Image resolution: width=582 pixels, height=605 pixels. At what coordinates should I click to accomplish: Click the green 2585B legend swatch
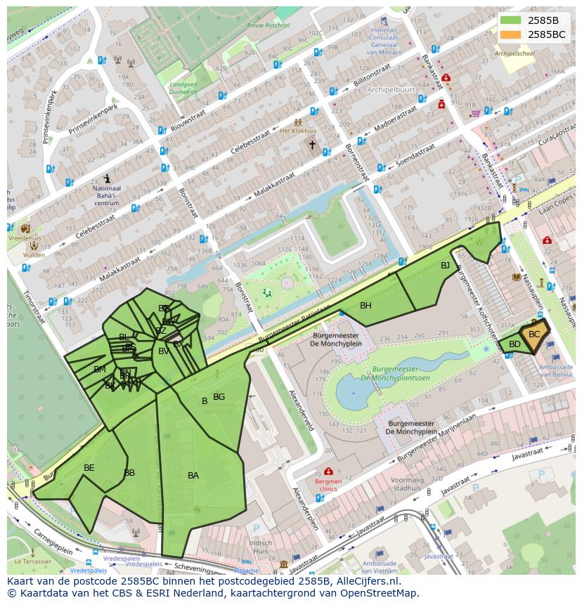tap(511, 20)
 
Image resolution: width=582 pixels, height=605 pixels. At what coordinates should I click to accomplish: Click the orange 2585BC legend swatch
tap(511, 34)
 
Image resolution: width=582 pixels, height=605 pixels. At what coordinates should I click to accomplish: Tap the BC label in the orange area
tap(534, 334)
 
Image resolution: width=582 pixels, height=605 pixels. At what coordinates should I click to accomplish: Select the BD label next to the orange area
tap(515, 344)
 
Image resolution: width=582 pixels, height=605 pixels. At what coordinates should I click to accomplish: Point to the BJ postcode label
tap(445, 266)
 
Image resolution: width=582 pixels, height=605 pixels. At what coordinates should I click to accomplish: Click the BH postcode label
tap(366, 306)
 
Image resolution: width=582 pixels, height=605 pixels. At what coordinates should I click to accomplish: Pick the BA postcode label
tap(193, 476)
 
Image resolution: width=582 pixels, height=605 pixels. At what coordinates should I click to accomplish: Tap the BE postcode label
tap(89, 468)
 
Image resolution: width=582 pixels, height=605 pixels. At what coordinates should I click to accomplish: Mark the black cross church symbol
tap(312, 145)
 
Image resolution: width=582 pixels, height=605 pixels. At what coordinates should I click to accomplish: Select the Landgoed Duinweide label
tap(183, 88)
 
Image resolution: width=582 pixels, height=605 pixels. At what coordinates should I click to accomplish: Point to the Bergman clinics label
tap(328, 486)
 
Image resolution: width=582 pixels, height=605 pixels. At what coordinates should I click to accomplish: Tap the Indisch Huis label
tap(260, 547)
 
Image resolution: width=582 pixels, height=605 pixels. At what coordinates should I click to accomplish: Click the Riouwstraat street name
tap(193, 115)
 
